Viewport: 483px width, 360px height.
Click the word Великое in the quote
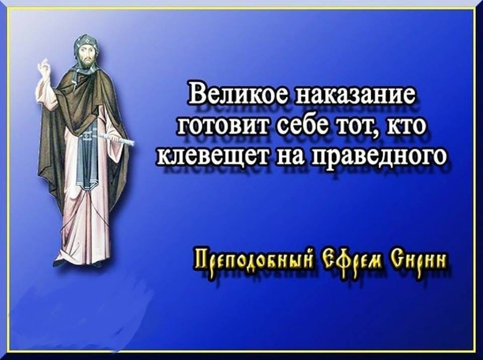click(x=237, y=93)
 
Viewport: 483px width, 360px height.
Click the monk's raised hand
click(x=44, y=69)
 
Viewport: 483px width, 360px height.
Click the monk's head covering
click(x=86, y=46)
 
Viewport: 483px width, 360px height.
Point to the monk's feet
click(x=77, y=263)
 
